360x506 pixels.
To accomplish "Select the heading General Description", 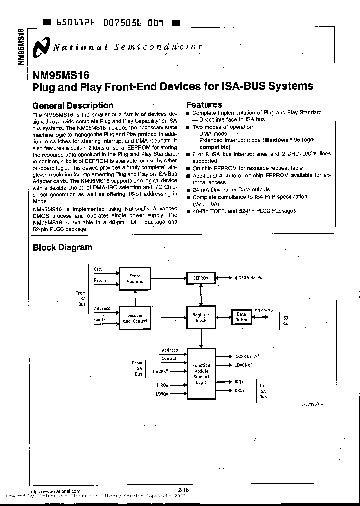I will coord(73,105).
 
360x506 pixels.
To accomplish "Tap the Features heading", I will coord(204,105).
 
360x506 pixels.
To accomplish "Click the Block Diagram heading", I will coord(62,247).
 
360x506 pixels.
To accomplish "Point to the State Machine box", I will coord(135,278).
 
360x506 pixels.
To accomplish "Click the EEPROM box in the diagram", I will coord(201,278).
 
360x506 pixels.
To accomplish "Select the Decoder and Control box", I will coord(135,318).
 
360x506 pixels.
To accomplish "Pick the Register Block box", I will coord(201,318).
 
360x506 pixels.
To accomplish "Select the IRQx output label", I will coord(239,382).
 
